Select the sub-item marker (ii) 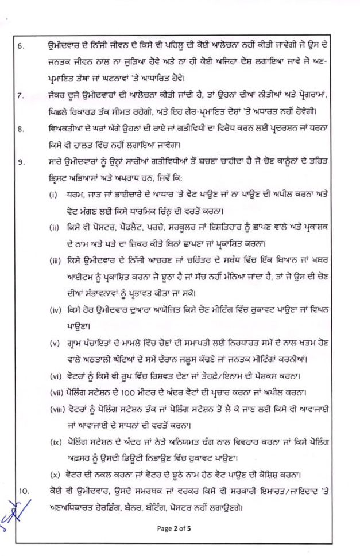pyautogui.click(x=54, y=228)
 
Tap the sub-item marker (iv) pyautogui.click(x=55, y=312)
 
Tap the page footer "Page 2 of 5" pyautogui.click(x=180, y=528)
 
